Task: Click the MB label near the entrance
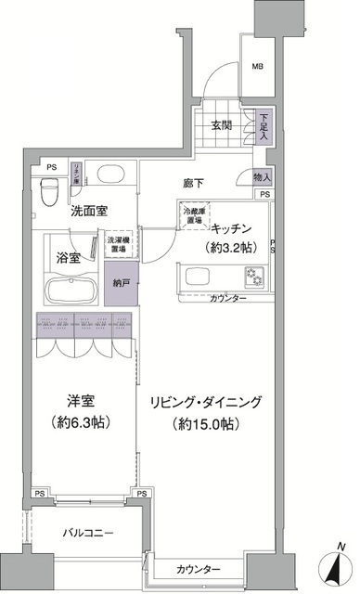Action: (x=258, y=66)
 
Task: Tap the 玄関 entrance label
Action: (x=220, y=125)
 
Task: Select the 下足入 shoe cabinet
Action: (x=264, y=125)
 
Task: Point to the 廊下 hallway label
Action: (x=192, y=185)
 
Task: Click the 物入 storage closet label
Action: (x=262, y=176)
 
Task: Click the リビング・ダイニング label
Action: (x=206, y=402)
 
